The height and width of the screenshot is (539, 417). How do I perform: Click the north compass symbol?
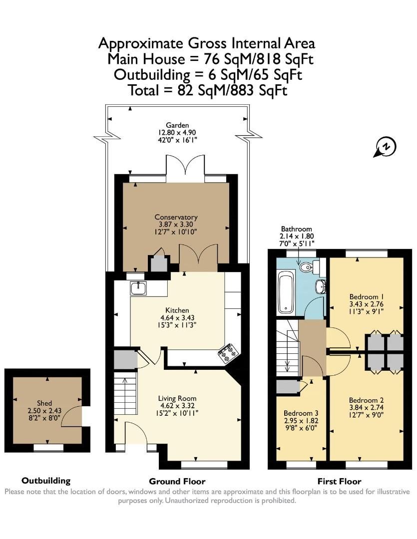(385, 147)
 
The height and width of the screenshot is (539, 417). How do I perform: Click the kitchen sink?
(138, 288)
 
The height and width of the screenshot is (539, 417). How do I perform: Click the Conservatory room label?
(176, 217)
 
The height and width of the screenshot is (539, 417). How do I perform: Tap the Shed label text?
(44, 403)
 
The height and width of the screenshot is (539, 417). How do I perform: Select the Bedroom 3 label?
(301, 413)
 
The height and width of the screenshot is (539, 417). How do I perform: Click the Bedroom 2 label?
(366, 400)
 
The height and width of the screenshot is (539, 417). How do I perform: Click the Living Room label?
(177, 398)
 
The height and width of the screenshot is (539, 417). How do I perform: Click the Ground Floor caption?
(177, 482)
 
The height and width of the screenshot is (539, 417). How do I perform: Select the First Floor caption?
(340, 482)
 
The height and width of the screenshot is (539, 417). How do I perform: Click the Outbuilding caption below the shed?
(46, 481)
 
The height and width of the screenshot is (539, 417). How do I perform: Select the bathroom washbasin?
(319, 286)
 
